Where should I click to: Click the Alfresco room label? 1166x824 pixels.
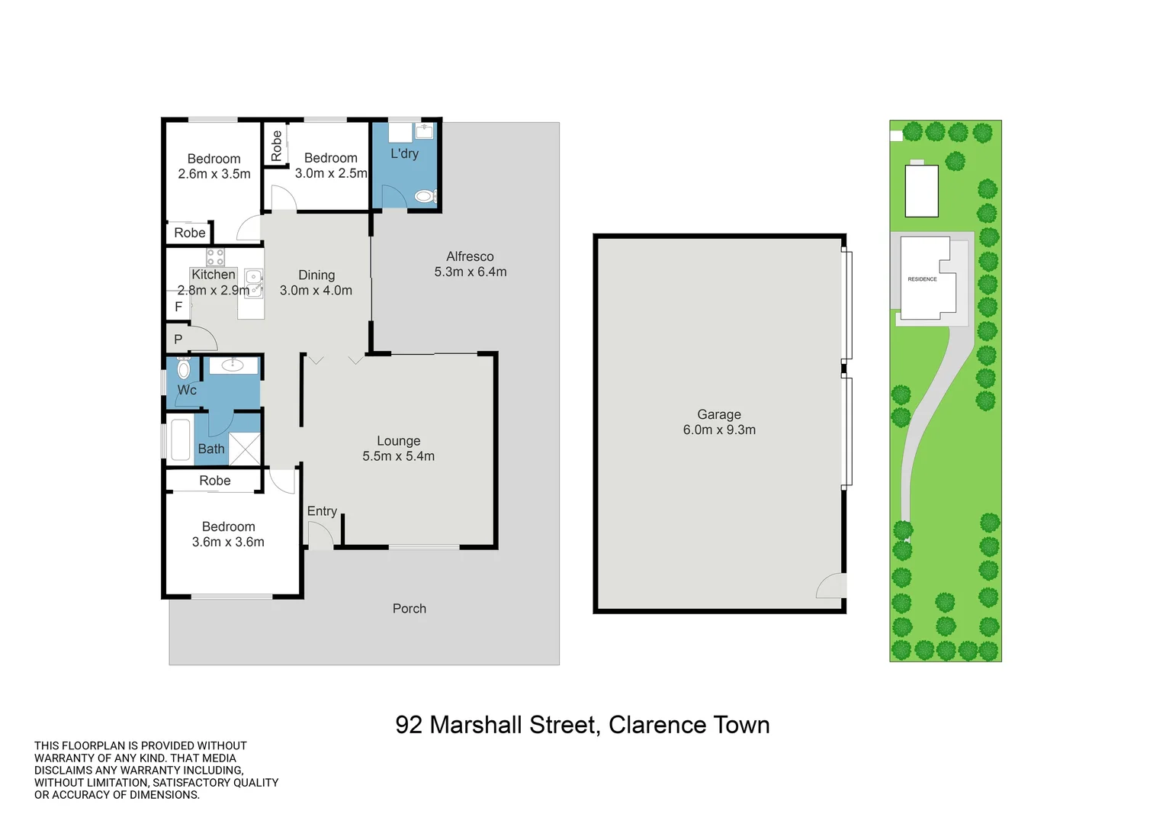click(x=470, y=257)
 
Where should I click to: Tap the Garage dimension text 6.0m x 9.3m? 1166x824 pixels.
click(x=719, y=430)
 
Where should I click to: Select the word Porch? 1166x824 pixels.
click(x=409, y=609)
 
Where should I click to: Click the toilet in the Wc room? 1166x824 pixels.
click(x=184, y=370)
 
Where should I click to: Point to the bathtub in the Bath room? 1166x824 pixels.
click(x=181, y=439)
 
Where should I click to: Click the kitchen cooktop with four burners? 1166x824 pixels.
click(x=215, y=257)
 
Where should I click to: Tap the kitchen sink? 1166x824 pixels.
click(x=253, y=281)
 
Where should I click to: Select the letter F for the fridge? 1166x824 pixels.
click(x=178, y=307)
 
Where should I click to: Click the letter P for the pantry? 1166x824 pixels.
click(x=178, y=340)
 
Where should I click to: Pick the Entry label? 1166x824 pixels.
click(x=322, y=511)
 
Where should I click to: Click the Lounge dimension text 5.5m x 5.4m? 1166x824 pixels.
click(x=398, y=456)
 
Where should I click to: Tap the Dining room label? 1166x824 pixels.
click(x=316, y=275)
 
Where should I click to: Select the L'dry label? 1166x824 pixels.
click(x=404, y=153)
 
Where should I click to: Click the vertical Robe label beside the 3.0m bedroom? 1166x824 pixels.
click(x=276, y=145)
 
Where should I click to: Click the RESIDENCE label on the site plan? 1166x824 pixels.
click(x=922, y=279)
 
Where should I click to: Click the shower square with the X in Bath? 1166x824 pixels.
click(x=245, y=448)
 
